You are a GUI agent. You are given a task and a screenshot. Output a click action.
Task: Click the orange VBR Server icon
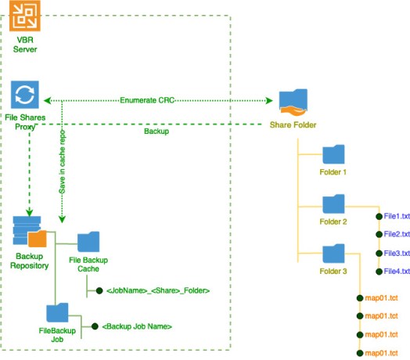pos(25,16)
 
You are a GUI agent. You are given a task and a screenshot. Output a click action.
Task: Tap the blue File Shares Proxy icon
pos(25,95)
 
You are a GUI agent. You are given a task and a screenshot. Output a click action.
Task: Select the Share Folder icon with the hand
pos(293,103)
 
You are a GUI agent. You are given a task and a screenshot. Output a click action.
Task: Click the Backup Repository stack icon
pos(30,232)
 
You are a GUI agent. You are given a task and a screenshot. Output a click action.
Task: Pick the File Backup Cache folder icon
pos(88,242)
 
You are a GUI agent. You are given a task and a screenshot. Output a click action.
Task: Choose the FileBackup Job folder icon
pos(57,312)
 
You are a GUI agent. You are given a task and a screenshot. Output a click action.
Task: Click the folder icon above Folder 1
pos(333,154)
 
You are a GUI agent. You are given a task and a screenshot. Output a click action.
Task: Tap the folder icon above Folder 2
pos(333,204)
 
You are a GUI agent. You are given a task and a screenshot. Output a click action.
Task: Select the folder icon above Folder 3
pos(333,254)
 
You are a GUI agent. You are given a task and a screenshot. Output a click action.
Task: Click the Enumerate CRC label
pos(147,100)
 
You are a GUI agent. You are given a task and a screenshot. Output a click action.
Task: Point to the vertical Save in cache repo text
pos(63,162)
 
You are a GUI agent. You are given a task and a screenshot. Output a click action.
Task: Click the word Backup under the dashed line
pos(156,131)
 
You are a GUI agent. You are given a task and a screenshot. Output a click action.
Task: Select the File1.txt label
pos(397,216)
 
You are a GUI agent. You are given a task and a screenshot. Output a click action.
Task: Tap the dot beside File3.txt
pos(379,254)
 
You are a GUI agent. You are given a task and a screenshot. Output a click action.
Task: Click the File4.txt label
pos(397,272)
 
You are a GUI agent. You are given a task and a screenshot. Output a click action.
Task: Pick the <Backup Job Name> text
pos(137,326)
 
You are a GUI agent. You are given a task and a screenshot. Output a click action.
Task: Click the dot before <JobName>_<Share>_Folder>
pos(99,290)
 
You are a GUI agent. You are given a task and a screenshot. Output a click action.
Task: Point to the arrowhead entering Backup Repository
pos(29,212)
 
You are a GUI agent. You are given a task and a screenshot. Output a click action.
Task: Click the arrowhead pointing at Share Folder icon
pos(269,100)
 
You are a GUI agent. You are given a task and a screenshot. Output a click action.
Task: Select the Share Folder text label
pos(293,124)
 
